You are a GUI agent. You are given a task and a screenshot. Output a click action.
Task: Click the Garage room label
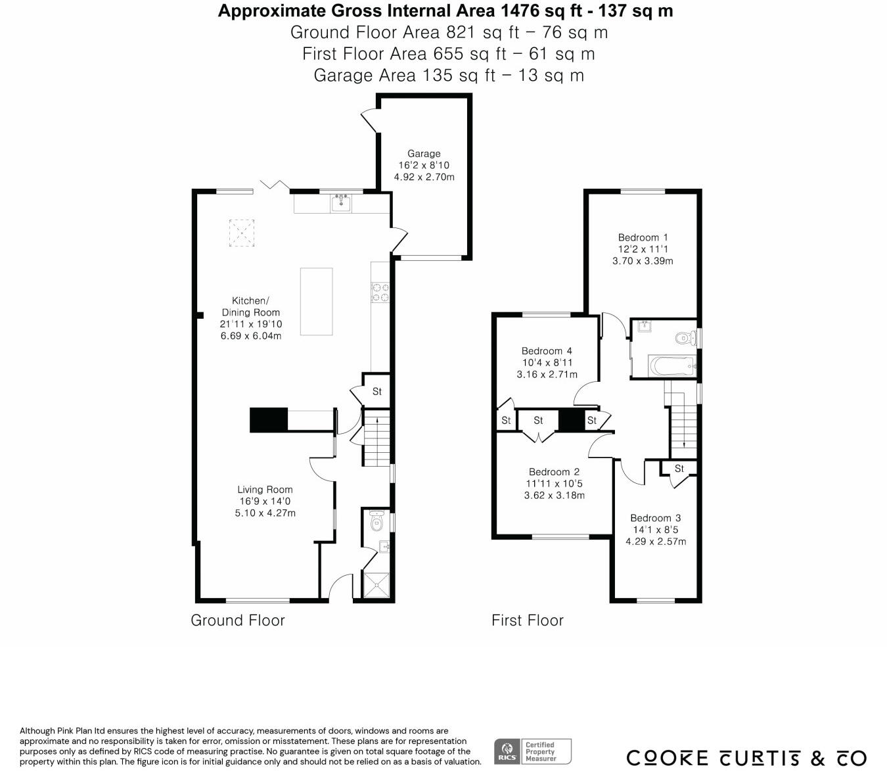(x=424, y=154)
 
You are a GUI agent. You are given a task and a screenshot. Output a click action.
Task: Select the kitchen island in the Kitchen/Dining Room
(x=317, y=301)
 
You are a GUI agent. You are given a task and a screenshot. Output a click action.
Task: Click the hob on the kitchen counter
(x=380, y=292)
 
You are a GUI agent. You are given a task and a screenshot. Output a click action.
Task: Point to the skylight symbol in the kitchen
(x=241, y=233)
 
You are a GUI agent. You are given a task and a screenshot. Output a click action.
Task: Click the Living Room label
(x=265, y=490)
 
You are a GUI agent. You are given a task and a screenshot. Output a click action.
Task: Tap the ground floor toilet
(x=377, y=521)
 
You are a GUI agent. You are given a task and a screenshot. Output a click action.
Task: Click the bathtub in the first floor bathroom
(x=671, y=365)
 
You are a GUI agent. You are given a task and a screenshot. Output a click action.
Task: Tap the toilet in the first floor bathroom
(x=684, y=338)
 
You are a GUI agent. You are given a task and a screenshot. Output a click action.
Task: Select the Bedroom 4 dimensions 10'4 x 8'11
(x=547, y=363)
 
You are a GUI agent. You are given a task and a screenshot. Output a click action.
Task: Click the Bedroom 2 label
(x=554, y=472)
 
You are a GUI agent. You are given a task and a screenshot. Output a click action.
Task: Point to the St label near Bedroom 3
(x=679, y=469)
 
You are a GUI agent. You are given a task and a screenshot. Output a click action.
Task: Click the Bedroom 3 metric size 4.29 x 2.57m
(x=655, y=542)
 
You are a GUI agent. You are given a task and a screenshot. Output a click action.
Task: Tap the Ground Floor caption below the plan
(x=238, y=620)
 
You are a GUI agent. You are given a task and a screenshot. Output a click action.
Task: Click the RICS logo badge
(x=506, y=751)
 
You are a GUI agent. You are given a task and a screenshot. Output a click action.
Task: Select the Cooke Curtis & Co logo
(x=746, y=758)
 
